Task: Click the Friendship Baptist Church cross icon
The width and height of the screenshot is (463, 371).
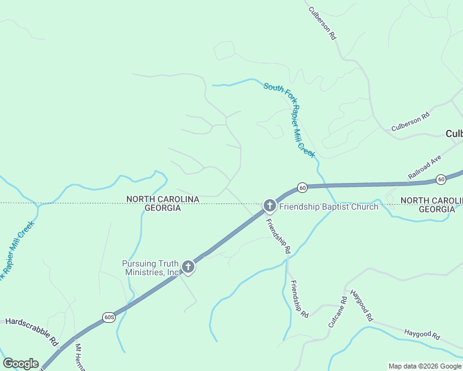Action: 269,205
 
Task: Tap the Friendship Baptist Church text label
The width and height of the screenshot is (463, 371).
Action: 328,207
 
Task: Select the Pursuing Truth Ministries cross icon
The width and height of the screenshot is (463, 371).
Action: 188,267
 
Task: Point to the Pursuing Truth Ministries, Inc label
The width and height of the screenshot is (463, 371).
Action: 150,268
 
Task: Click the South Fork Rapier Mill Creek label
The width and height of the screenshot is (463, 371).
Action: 290,119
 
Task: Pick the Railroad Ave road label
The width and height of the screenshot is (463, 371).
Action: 424,167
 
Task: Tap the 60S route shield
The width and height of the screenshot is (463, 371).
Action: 108,317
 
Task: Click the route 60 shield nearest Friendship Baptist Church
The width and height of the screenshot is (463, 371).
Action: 302,187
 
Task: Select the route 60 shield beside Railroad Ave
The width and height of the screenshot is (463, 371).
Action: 441,179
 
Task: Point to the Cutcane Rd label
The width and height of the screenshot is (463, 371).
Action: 336,312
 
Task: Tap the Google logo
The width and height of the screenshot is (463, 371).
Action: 20,364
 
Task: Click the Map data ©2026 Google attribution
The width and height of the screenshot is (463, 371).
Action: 425,366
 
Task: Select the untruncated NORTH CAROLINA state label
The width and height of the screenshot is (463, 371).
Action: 162,199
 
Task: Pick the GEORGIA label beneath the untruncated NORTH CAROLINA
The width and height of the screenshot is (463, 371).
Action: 162,208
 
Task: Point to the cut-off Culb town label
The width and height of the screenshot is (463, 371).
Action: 454,134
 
